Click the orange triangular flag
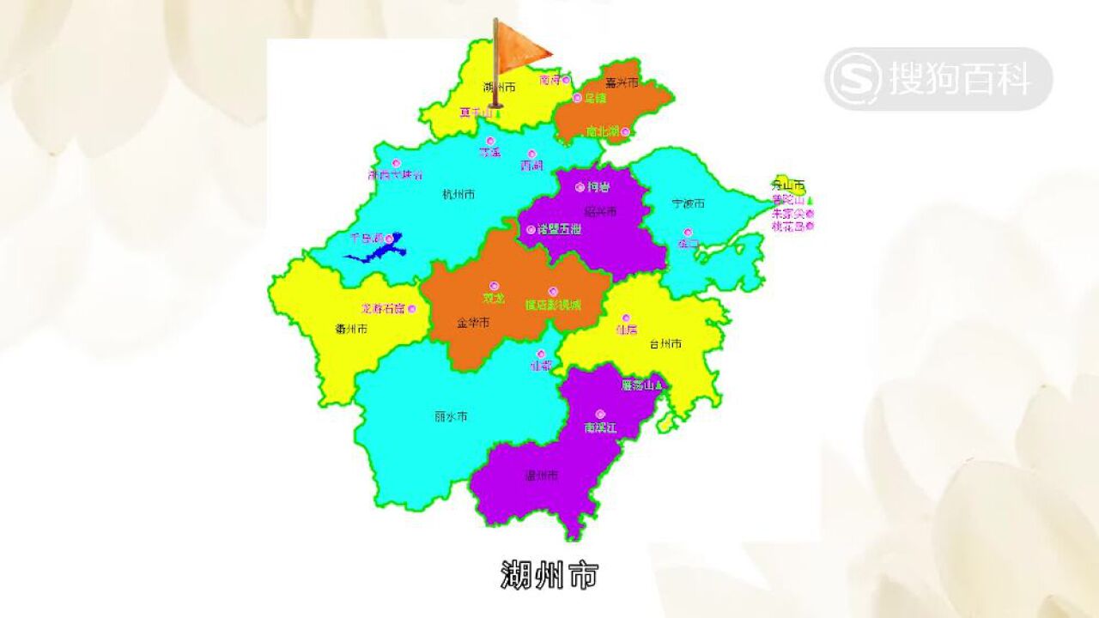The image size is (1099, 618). [x=521, y=43]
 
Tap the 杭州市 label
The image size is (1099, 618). [x=458, y=194]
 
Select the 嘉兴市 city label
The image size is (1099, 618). [x=622, y=83]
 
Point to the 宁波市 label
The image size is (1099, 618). [x=688, y=203]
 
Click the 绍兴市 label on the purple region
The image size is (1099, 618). [x=600, y=211]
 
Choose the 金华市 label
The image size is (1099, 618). [x=472, y=323]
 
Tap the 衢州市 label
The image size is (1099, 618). [x=351, y=328]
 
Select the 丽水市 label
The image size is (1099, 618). [x=451, y=416]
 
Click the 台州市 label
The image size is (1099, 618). [x=665, y=344]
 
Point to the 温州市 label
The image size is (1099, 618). [x=542, y=475]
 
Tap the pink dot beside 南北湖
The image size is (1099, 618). [x=625, y=131]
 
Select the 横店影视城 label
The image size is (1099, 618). [x=553, y=305]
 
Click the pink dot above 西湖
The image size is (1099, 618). [x=532, y=154]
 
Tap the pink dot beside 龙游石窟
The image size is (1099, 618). [x=412, y=308]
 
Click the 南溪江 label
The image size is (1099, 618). [x=600, y=427]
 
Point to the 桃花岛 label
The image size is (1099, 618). [x=787, y=227]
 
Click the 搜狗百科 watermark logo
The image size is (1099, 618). [x=938, y=79]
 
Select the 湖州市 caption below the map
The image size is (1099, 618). [x=549, y=575]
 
